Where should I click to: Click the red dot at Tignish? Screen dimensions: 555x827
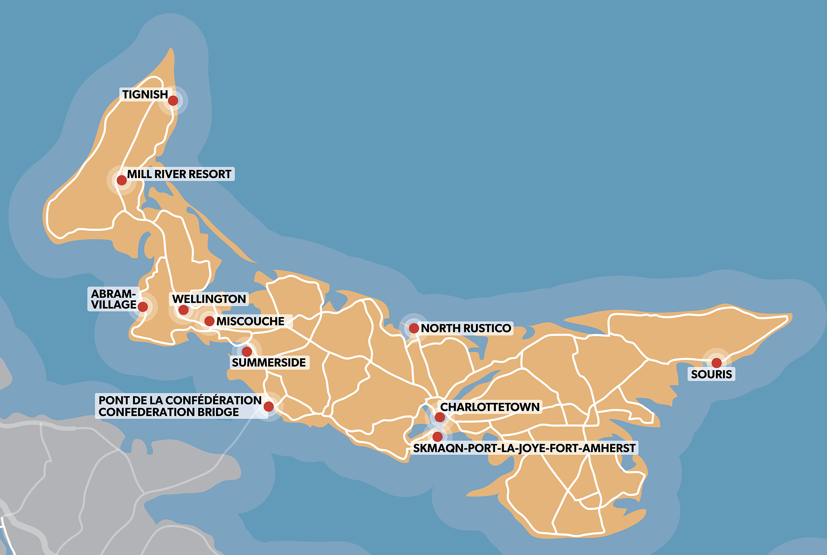click(x=173, y=100)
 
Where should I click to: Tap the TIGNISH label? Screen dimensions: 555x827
click(x=145, y=94)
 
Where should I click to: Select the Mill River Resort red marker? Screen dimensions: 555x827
click(x=122, y=180)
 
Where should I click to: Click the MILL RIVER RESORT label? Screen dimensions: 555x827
click(x=179, y=174)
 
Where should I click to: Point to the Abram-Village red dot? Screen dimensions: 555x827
click(x=143, y=307)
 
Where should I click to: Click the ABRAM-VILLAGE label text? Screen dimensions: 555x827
click(x=113, y=299)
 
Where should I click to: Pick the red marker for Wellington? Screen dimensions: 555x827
click(x=183, y=310)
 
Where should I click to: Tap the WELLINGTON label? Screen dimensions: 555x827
click(x=209, y=299)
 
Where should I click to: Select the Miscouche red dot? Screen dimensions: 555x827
click(x=209, y=321)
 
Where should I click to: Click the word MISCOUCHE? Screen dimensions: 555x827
click(x=250, y=321)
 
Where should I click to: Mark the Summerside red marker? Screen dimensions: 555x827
click(x=247, y=352)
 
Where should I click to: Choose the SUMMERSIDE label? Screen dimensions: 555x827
click(x=269, y=363)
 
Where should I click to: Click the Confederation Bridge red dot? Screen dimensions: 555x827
click(x=269, y=406)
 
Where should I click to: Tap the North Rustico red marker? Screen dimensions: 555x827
click(x=414, y=328)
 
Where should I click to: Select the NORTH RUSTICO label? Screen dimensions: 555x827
click(x=466, y=328)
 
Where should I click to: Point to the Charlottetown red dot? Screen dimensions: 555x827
click(x=440, y=417)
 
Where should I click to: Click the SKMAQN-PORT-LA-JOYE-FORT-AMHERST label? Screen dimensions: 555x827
click(x=524, y=448)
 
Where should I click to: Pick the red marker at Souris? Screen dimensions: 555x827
click(x=717, y=363)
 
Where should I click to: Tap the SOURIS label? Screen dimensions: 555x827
click(x=711, y=375)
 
